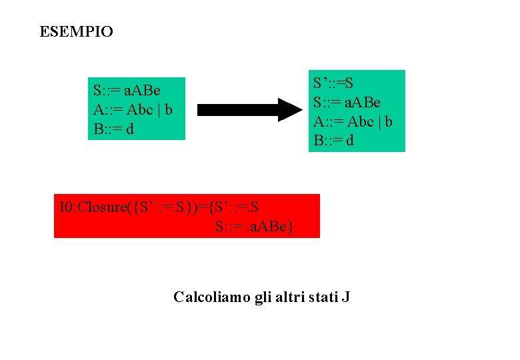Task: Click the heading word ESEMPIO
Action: [x=76, y=32]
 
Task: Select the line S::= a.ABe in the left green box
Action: [x=127, y=90]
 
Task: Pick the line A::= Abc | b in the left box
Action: [x=133, y=109]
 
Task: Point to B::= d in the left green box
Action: [x=113, y=128]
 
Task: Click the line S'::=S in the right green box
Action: [x=333, y=83]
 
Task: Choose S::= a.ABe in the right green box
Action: [x=347, y=103]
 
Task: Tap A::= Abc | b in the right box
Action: [x=353, y=122]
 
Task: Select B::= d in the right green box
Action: [x=333, y=141]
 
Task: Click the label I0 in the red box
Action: [x=67, y=207]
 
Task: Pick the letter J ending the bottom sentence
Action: [x=345, y=297]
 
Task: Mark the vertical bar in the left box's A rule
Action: [x=158, y=109]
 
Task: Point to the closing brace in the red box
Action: [x=291, y=227]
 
